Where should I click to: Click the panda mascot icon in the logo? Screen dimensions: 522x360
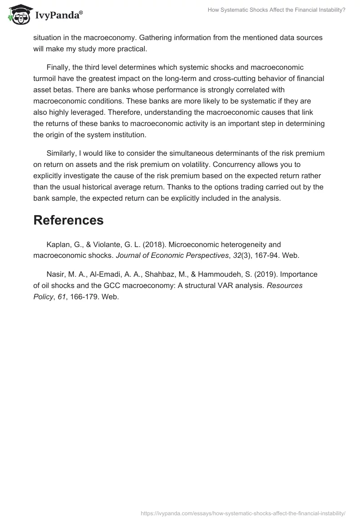point(18,13)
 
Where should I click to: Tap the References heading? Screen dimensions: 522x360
point(68,220)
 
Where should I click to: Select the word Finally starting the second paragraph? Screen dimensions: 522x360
point(59,67)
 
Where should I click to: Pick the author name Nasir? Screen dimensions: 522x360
point(56,274)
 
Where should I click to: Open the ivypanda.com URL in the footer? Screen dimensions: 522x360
point(243,513)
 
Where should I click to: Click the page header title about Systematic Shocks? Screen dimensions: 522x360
point(276,9)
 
